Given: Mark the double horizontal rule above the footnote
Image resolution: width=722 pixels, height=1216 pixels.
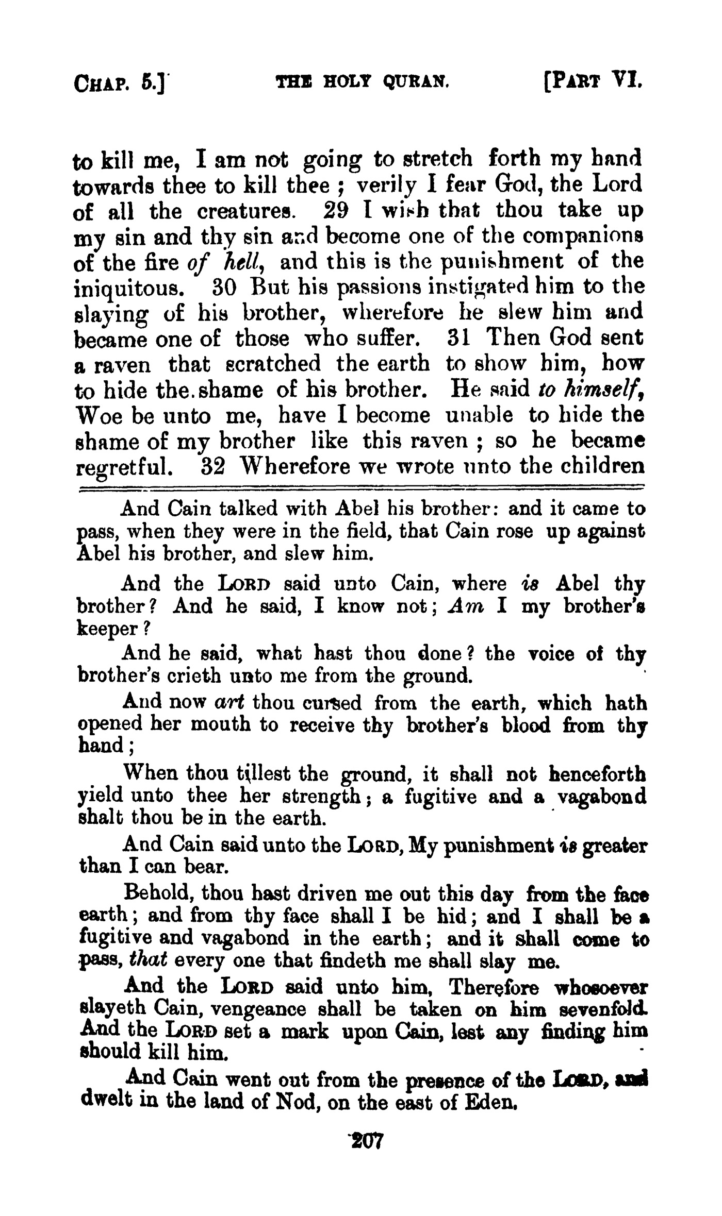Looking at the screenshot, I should pyautogui.click(x=361, y=487).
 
